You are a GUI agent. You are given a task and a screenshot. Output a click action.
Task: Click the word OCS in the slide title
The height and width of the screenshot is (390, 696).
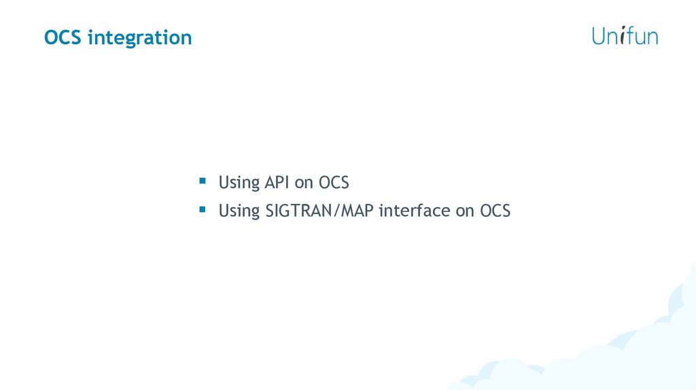pos(63,37)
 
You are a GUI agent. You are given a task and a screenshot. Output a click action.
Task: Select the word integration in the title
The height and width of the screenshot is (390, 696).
pos(140,38)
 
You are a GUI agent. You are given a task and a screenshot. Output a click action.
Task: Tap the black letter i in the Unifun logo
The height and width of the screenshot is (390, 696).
pos(623,35)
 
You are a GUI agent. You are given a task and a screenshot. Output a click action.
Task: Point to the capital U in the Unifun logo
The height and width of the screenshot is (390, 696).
pos(599,36)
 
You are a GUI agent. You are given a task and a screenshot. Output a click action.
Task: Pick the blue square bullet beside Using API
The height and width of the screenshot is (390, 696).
pos(203,181)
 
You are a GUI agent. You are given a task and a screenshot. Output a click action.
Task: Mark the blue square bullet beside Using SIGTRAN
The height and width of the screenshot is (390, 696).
pos(203,209)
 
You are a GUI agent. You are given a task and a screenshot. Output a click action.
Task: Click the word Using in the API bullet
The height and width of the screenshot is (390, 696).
pos(239,183)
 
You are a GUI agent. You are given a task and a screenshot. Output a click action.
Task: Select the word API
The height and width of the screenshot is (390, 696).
pos(277,182)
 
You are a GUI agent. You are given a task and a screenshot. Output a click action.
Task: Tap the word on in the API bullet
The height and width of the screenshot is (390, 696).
pos(304,184)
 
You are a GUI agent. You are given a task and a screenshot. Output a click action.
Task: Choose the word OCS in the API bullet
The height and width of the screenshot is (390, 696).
pos(334,182)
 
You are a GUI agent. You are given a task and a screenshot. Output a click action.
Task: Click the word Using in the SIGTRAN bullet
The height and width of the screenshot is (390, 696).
pos(239,211)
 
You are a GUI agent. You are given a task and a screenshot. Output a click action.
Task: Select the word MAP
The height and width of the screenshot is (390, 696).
pos(357,211)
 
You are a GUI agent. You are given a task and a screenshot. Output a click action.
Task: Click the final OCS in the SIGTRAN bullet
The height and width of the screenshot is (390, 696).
pos(495,211)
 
